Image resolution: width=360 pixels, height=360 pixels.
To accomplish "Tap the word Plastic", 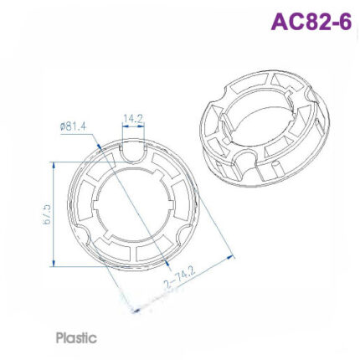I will pos(76,339).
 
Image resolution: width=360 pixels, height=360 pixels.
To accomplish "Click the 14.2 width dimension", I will pos(134,118).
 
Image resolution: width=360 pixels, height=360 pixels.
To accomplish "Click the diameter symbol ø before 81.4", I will pos(64,126).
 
